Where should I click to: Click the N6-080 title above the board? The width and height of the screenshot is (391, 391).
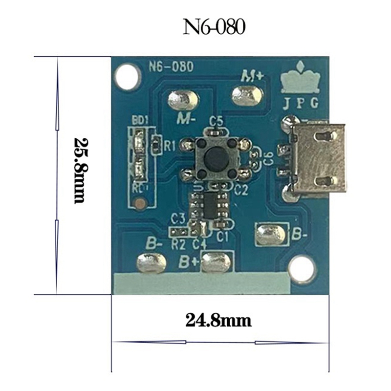pos(214,27)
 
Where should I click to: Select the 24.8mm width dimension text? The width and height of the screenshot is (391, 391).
pos(218,321)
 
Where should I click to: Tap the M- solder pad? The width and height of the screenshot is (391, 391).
pos(183,101)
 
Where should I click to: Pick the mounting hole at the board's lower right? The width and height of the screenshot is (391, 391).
pos(303,269)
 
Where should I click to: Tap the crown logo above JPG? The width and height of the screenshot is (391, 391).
pos(300,80)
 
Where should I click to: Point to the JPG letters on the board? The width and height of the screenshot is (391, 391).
pos(301,103)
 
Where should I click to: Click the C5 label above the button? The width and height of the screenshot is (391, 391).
pos(216,120)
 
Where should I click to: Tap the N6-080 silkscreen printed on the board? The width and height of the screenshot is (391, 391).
pos(170,66)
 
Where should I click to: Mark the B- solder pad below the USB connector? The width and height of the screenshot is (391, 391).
pos(271,234)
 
